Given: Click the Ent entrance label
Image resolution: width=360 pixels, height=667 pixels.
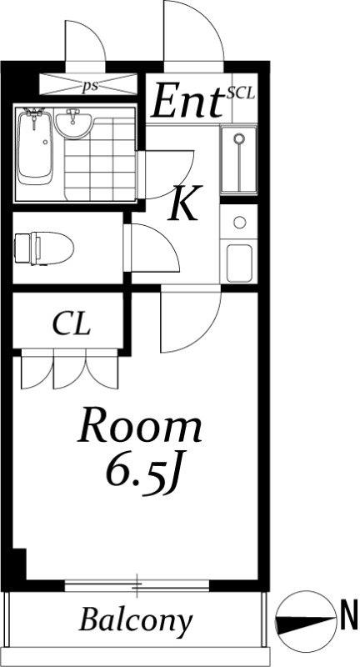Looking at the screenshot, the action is pyautogui.click(x=187, y=101).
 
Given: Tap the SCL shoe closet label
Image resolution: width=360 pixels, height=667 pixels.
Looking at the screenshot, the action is pyautogui.click(x=241, y=93).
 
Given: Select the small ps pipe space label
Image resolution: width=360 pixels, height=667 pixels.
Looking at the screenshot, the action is pyautogui.click(x=90, y=86).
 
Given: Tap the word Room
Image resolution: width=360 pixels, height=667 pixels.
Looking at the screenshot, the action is pyautogui.click(x=140, y=426).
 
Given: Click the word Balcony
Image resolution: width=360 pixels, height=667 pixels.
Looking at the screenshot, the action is pyautogui.click(x=136, y=621).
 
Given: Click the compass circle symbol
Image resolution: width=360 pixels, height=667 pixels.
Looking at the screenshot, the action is pyautogui.click(x=305, y=621).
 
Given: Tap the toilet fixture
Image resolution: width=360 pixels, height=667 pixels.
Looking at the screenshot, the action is pyautogui.click(x=43, y=248).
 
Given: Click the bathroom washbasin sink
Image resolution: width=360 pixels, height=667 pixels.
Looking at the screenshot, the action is pyautogui.click(x=73, y=123).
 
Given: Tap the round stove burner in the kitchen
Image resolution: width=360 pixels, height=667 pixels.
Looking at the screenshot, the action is pyautogui.click(x=240, y=222).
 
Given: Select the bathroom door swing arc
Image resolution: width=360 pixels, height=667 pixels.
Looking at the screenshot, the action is pyautogui.click(x=166, y=174).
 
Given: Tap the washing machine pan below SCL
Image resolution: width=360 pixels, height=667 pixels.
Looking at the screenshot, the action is pyautogui.click(x=239, y=160).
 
